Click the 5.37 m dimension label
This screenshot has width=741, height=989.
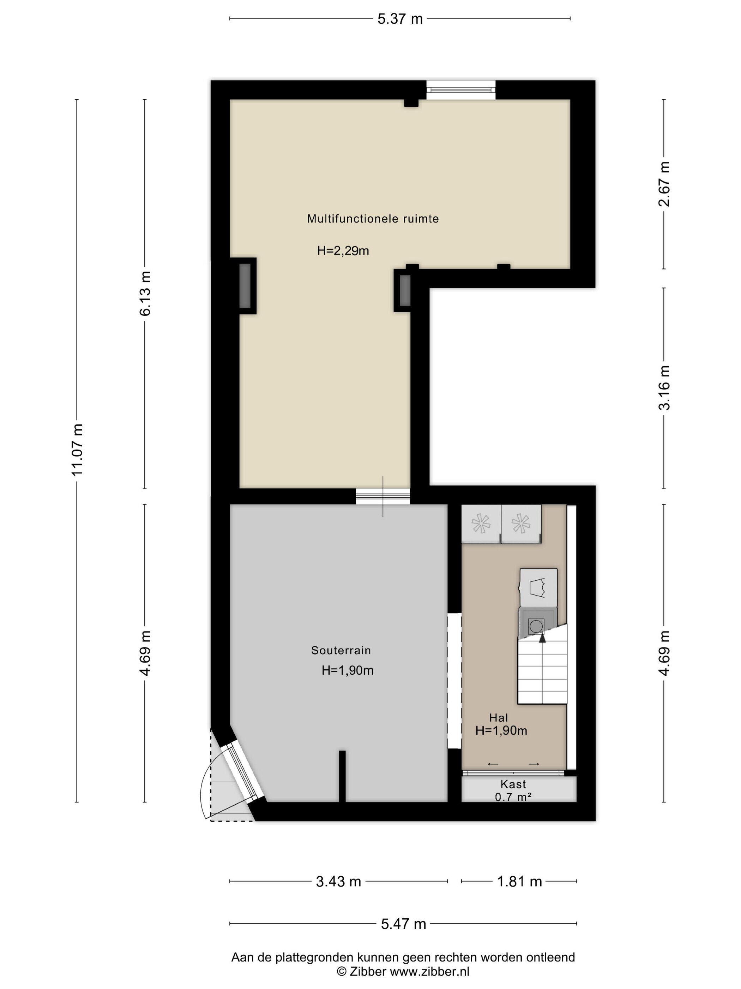coord(400,19)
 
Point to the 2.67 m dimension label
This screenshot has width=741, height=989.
coord(664,184)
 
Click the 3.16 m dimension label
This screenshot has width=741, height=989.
coord(664,387)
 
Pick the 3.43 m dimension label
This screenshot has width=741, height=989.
coord(338,881)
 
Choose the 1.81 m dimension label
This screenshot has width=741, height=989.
coord(519,881)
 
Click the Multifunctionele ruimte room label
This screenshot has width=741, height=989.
coord(373,219)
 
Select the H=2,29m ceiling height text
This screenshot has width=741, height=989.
coord(343,251)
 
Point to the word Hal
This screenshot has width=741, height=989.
coord(499,718)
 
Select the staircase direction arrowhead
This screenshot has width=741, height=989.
coord(542,638)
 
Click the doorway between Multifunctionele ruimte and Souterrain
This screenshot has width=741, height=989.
coord(383,496)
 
